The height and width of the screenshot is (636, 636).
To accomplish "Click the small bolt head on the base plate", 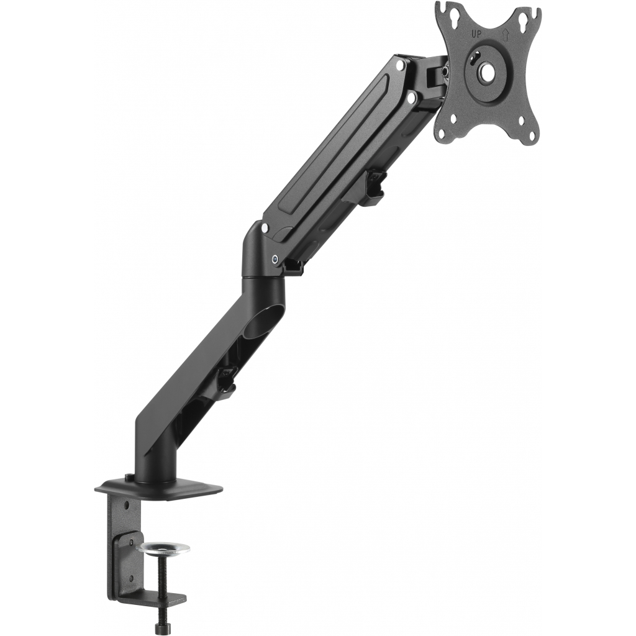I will coord(129,477).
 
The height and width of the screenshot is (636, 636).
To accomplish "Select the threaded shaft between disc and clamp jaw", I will coord(162,578).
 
